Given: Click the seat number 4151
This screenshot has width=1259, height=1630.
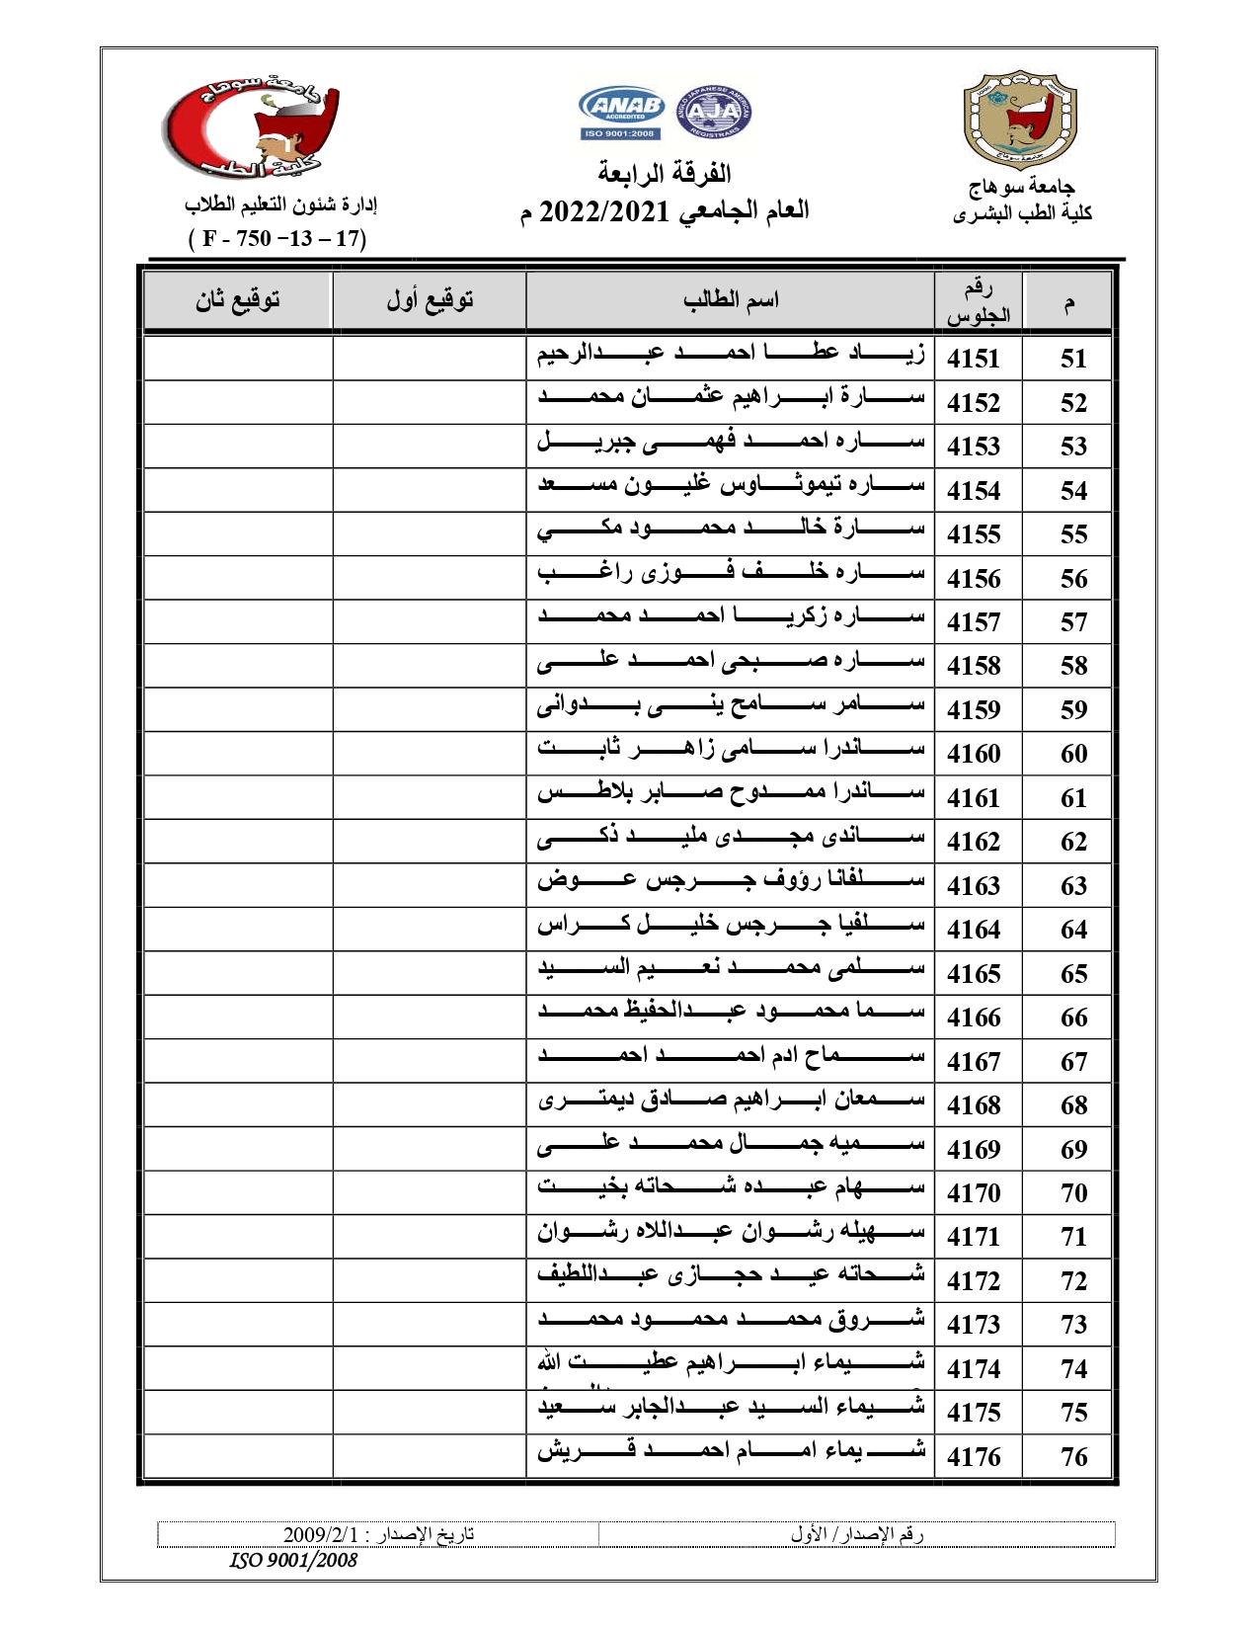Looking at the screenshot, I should pos(974,359).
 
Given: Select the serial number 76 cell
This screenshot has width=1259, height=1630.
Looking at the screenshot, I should pos(1073,1456).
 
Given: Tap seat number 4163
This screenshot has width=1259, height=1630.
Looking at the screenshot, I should pos(974,886).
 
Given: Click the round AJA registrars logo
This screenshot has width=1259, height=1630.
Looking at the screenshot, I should pos(713,112).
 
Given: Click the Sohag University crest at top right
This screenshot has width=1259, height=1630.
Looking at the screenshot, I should pos(1020,120).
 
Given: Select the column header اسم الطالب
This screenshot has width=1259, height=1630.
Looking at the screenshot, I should pos(731,300).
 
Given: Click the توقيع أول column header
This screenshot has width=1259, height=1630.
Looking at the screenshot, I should pos(430,300).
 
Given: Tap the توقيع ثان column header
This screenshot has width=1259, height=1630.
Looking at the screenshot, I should pos(238,300).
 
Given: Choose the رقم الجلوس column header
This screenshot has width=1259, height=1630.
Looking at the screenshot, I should pos(979,301).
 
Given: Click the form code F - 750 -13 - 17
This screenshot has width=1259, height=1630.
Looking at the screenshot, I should pos(277,238).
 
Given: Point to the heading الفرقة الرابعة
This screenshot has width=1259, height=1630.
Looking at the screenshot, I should pos(665,174).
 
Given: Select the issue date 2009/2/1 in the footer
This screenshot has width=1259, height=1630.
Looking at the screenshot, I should pos(322,1534).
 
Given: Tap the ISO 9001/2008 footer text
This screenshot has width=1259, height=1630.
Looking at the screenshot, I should pos(293,1560).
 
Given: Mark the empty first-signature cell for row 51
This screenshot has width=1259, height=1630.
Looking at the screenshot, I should pos(430,359).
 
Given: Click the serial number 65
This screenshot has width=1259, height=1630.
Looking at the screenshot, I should pos(1073,974).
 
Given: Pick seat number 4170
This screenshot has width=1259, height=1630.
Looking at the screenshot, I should pos(974,1193).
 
